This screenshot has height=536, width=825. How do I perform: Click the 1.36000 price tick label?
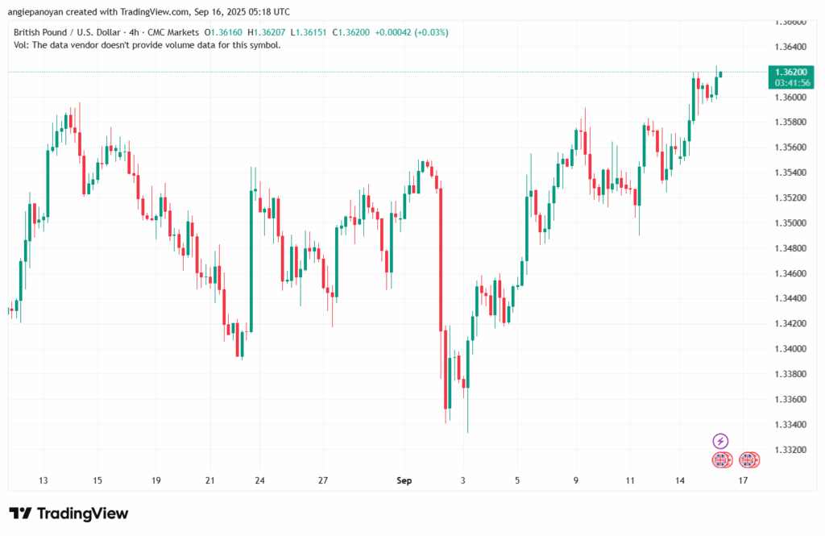coord(791,98)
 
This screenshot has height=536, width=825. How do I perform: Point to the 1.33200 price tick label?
coord(791,450)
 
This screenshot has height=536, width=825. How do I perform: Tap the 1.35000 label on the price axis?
coord(791,223)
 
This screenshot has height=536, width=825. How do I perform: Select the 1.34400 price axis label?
coord(791,298)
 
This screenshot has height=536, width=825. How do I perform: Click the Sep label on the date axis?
coord(404,481)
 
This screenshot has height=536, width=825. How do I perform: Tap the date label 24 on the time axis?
coord(260,481)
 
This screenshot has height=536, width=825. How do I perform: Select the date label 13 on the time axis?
coord(44,481)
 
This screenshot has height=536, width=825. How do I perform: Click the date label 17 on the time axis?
coord(743,481)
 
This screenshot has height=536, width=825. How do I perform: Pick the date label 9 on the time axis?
coord(576,481)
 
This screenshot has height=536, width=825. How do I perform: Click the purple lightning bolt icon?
coord(721,441)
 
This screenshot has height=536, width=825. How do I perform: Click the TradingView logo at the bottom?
coord(68,513)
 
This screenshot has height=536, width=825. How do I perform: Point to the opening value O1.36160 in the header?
coord(224,32)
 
